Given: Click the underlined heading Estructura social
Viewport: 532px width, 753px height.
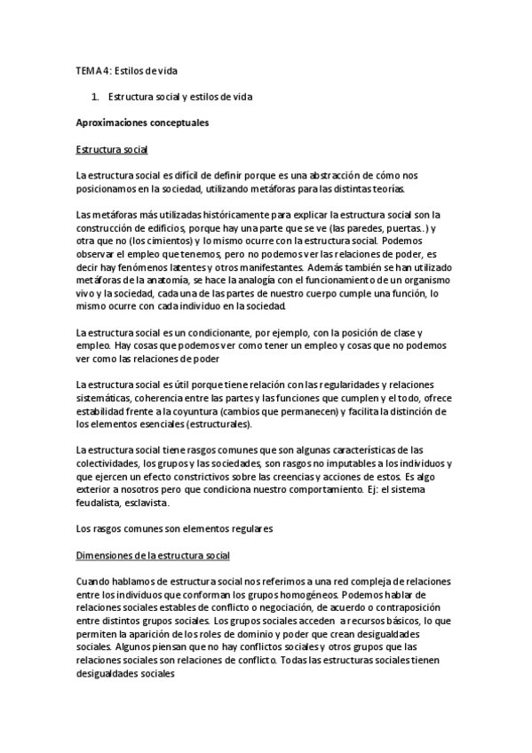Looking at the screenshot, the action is coord(112,149).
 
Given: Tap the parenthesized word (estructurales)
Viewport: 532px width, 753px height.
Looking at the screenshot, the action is coord(204,424).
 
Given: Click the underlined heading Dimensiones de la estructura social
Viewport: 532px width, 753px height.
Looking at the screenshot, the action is coord(154,555).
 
